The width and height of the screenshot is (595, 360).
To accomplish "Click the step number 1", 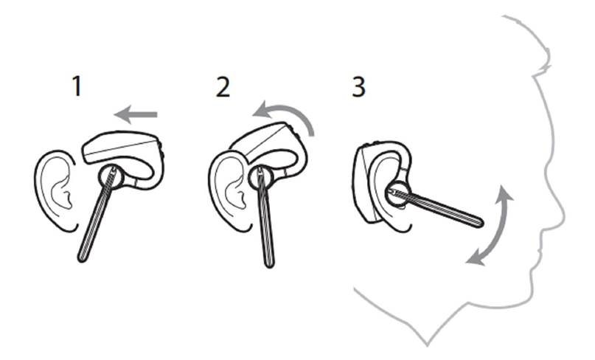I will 75,87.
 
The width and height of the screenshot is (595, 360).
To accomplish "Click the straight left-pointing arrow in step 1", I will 137,114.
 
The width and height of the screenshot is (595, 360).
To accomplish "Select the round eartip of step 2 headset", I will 259,179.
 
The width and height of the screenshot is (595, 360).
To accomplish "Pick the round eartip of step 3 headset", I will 397,192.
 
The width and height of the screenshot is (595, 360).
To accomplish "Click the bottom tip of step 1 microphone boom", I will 83,257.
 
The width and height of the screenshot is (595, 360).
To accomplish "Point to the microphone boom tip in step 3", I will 479,221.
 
